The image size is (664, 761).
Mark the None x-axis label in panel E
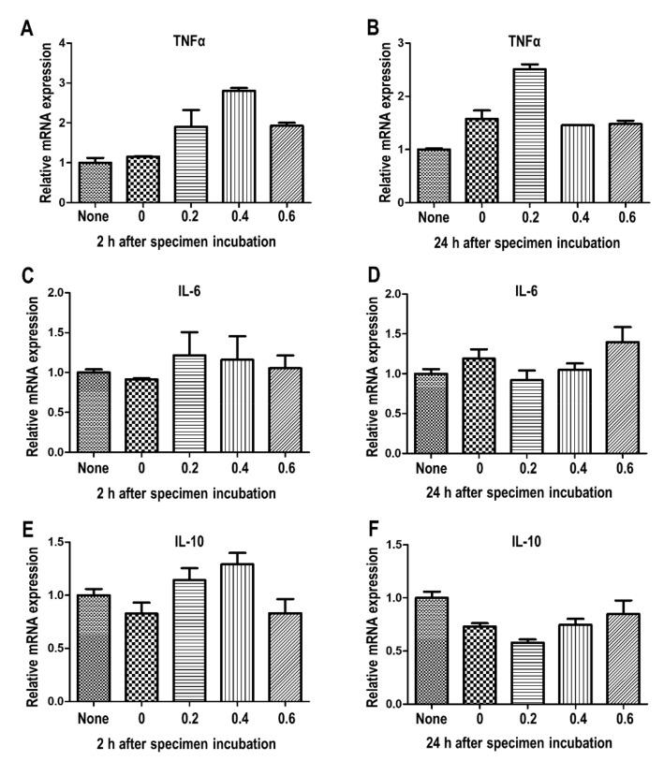(x=95, y=719)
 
